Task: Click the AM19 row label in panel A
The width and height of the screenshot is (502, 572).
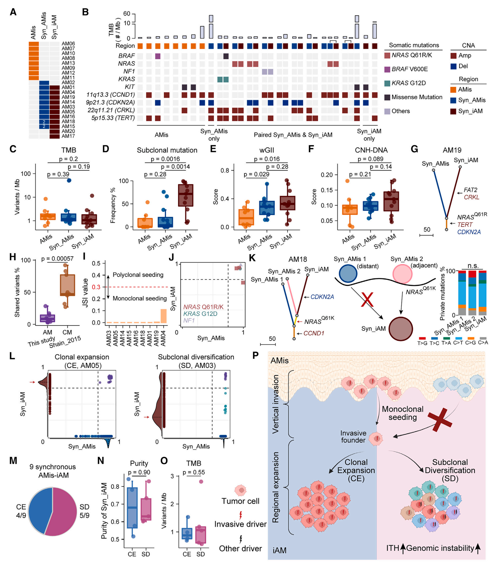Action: point(68,97)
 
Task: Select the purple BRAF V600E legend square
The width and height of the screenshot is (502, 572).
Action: point(387,69)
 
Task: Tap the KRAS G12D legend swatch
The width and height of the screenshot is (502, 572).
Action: point(387,83)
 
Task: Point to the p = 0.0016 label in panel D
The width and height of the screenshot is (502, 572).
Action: point(165,159)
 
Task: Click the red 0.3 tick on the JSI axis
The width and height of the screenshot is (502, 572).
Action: point(96,287)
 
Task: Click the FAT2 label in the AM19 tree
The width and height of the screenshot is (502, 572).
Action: point(470,190)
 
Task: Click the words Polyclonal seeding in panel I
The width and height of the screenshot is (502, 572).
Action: point(138,275)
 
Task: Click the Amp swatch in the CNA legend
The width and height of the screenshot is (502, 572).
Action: point(453,55)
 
